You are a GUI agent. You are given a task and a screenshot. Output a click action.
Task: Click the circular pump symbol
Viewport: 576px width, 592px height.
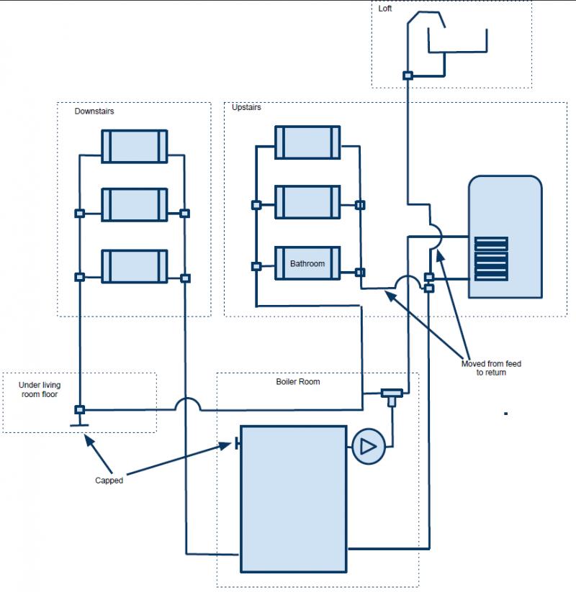click(x=369, y=447)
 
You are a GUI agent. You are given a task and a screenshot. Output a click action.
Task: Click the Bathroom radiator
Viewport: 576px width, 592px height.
click(x=307, y=264)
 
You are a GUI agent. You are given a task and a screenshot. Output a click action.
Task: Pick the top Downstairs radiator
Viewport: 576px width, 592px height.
click(x=134, y=146)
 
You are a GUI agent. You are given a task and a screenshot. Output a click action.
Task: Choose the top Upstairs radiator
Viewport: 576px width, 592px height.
click(x=307, y=142)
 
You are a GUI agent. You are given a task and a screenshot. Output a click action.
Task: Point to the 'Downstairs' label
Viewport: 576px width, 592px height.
click(x=94, y=111)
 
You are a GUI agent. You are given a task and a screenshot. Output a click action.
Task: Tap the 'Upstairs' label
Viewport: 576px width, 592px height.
click(x=246, y=108)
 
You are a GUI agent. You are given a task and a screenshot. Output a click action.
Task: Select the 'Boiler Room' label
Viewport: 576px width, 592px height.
click(x=298, y=381)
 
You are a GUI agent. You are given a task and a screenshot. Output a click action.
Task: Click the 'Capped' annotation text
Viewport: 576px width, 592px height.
click(x=109, y=481)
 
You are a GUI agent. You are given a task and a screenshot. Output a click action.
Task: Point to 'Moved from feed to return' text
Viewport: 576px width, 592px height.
click(x=491, y=368)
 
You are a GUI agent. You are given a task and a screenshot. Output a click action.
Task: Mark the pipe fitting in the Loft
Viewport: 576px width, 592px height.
click(x=408, y=76)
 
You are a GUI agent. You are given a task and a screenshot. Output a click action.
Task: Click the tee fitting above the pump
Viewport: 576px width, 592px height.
click(x=392, y=394)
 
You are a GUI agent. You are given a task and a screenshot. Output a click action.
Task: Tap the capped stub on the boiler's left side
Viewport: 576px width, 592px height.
click(x=237, y=444)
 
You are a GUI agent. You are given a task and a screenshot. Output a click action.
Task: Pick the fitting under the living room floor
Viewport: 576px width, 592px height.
click(x=80, y=410)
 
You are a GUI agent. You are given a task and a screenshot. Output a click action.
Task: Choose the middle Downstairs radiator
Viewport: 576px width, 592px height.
click(x=134, y=206)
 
